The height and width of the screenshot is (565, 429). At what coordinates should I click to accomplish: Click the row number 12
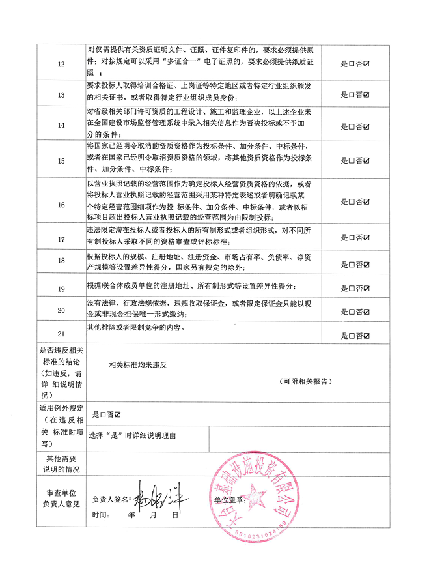[x=62, y=64]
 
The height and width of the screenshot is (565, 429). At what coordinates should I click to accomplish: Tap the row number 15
[x=62, y=160]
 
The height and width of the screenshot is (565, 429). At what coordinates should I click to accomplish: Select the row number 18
[x=62, y=261]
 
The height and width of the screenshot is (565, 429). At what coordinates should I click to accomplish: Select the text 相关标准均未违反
[x=139, y=366]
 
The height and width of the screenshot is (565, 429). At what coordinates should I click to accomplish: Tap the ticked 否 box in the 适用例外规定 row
[x=117, y=414]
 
